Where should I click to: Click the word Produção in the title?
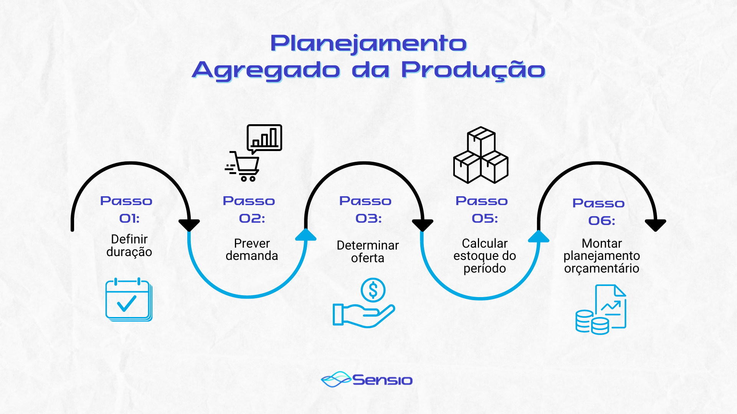point(473,71)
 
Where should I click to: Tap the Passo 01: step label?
point(127,209)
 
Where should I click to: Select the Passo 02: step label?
point(250,209)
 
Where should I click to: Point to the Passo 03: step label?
point(366,209)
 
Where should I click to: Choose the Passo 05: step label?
point(482,209)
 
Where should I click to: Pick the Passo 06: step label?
point(599,212)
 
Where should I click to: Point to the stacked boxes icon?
point(481,155)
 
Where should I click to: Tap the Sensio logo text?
point(382,380)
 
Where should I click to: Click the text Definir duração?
point(129,245)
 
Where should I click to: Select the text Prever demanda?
point(252,250)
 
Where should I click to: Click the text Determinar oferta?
point(368,251)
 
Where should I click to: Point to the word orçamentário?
point(601,268)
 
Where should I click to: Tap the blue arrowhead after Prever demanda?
point(306,235)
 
